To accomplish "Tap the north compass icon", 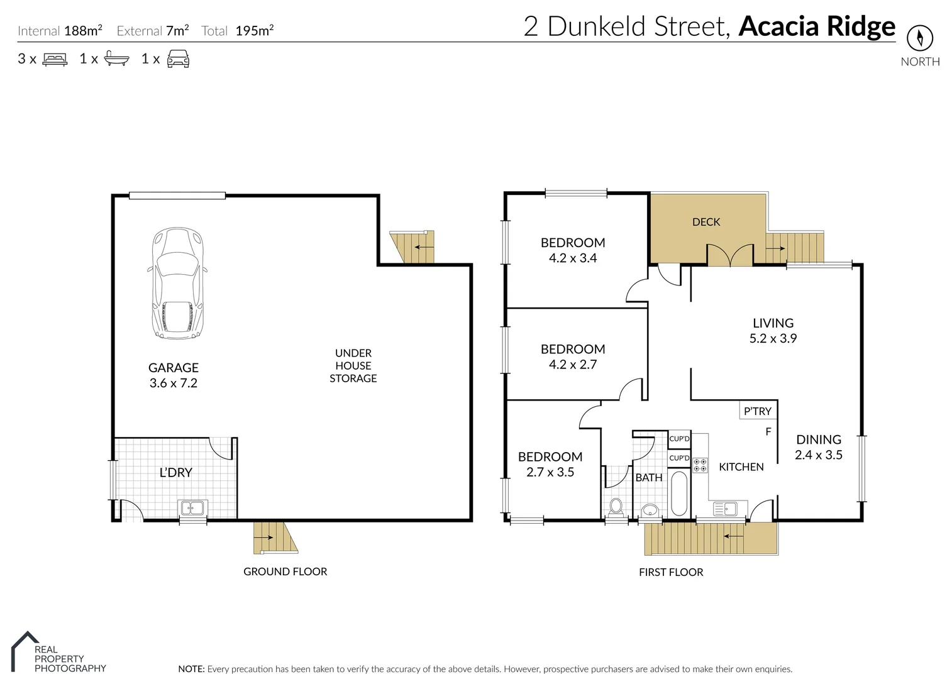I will pos(919,38).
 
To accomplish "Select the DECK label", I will pos(706,222).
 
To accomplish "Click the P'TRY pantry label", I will pos(757,411).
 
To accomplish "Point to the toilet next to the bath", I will pos(616,505).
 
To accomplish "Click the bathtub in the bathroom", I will pos(678,493).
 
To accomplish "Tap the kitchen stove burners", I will pos(700,465).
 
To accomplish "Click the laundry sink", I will pos(192,507).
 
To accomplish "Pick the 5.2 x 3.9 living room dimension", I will pos(773,338).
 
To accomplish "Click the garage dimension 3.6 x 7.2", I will pos(173,383).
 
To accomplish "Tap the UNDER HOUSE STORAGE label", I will pos(353,365).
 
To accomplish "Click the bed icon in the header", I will pos(55,60).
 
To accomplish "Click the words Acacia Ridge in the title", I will pos(816,26).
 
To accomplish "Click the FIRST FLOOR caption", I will pos(670,572).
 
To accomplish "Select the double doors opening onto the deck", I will pos(730,255).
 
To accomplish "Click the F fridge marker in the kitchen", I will pos(768,432).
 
